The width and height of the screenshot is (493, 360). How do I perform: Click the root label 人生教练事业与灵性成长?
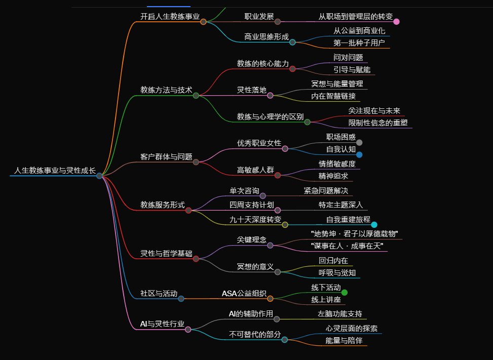click(55, 171)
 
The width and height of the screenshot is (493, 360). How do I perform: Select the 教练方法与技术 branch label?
click(166, 90)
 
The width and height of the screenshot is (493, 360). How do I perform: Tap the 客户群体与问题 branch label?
click(166, 156)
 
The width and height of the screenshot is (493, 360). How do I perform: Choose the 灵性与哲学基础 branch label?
click(166, 254)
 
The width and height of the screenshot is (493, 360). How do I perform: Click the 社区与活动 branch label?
click(159, 293)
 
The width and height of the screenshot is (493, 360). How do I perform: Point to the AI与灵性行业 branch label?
click(162, 324)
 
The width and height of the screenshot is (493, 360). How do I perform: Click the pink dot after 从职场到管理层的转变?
click(396, 21)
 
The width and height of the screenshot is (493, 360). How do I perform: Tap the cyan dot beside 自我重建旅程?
click(374, 225)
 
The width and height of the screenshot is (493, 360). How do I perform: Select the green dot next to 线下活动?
click(345, 293)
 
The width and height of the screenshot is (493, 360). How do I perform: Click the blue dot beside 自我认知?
click(359, 155)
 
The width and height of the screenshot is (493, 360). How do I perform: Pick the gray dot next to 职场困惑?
click(359, 142)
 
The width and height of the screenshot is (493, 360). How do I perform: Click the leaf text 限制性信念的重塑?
click(378, 123)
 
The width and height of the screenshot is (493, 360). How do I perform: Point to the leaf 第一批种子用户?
click(359, 43)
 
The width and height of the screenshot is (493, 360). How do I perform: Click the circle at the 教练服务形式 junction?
click(188, 210)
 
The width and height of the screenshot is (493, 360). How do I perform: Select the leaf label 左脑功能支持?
click(340, 313)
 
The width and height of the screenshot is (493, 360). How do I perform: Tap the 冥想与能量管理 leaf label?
click(337, 84)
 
